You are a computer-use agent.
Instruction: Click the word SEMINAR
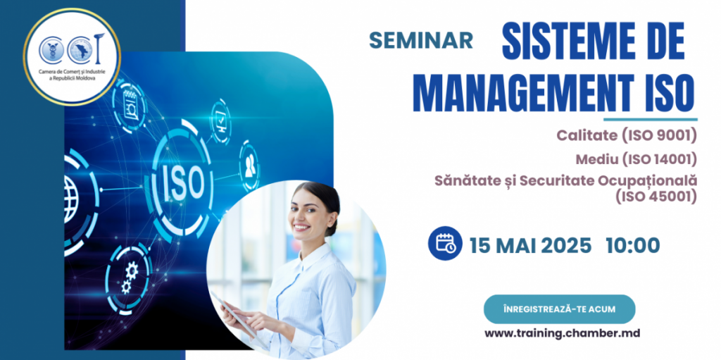tap(421, 40)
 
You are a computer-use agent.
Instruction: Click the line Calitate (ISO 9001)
tap(626, 135)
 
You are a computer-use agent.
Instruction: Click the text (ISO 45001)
tap(656, 197)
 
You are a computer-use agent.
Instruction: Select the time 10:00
tap(632, 245)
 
